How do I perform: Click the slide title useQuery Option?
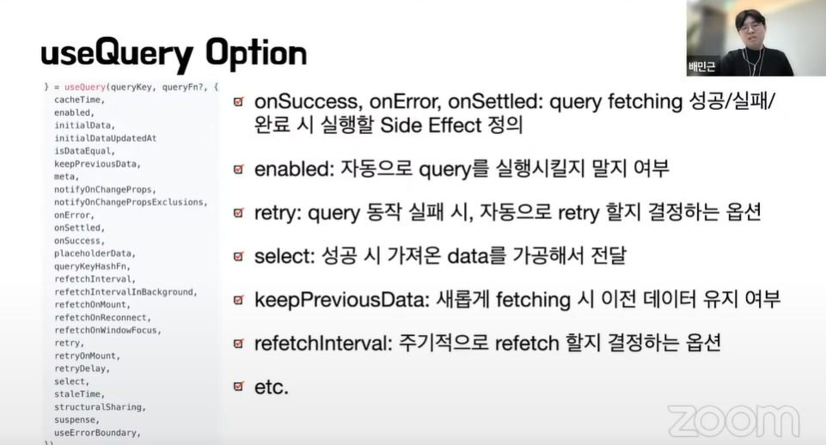pos(174,54)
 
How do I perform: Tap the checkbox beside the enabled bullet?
pos(239,169)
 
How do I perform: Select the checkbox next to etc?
pos(239,387)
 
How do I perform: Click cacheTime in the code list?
pos(79,100)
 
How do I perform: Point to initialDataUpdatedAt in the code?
pos(106,138)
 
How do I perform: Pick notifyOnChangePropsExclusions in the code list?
pos(131,202)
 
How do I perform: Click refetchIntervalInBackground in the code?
pos(125,292)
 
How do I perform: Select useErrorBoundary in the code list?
pos(97,433)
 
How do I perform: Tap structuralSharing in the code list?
pos(100,407)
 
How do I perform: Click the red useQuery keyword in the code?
pos(85,87)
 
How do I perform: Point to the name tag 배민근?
pos(702,67)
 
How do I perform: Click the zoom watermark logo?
pos(734,420)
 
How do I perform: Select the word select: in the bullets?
pos(285,256)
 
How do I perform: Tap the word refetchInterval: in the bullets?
pos(323,344)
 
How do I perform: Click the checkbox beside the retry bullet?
pos(239,213)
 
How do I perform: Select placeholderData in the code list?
pos(95,253)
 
